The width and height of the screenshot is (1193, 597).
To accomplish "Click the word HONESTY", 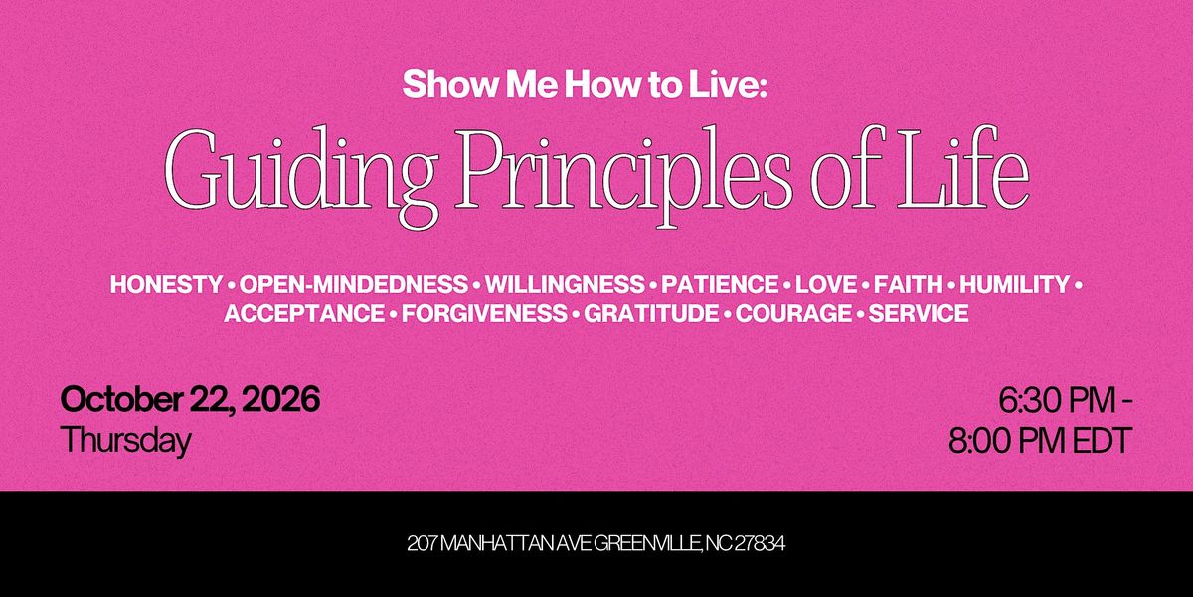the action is pos(166,284).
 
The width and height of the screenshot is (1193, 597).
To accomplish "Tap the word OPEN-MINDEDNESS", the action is pos(353,284).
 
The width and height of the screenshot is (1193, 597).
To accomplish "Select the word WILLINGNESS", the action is pos(565,284).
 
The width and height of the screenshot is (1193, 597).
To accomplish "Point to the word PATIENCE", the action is pos(720,284).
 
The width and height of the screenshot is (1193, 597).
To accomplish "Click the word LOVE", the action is pos(826,284).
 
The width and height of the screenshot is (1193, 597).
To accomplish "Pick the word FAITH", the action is pos(908,284).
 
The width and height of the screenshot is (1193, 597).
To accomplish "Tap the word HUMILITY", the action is pos(1015,284).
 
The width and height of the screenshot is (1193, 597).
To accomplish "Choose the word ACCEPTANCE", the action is pos(304,313).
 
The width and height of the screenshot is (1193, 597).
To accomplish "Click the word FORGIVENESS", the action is pos(484,313).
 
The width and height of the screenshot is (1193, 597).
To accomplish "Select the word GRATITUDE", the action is pos(651,313).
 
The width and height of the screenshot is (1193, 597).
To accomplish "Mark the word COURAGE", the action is pos(793,313).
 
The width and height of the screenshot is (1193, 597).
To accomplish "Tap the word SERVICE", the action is pos(919,313).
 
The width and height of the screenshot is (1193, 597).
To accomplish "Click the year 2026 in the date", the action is pos(280,399).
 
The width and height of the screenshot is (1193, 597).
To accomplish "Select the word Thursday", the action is pos(125,440).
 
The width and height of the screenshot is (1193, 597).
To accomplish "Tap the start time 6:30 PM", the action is pos(1057,401).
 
